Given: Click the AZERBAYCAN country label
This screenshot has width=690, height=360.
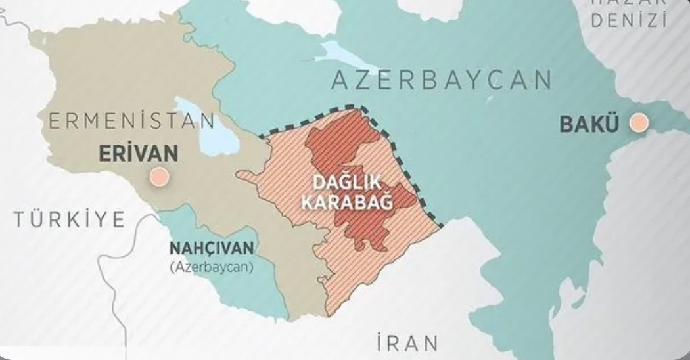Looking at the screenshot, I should pos(441,80).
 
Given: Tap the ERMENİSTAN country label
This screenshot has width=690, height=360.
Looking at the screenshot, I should pos(131,122).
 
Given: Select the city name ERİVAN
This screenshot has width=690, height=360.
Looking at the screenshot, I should pos(138,154).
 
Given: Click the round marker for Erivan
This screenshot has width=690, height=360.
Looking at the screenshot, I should pos(158,177).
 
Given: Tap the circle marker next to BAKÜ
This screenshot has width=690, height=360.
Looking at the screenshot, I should pos(638,123).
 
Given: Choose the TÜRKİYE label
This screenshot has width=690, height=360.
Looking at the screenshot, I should pos(69,219).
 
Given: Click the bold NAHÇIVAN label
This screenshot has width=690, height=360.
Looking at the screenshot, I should pos(212,248).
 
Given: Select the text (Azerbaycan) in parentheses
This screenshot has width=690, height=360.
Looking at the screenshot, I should pos(212,267).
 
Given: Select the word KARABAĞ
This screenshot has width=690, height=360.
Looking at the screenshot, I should pos(346,202).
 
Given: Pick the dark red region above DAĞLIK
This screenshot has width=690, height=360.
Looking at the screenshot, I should pos(342,141).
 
